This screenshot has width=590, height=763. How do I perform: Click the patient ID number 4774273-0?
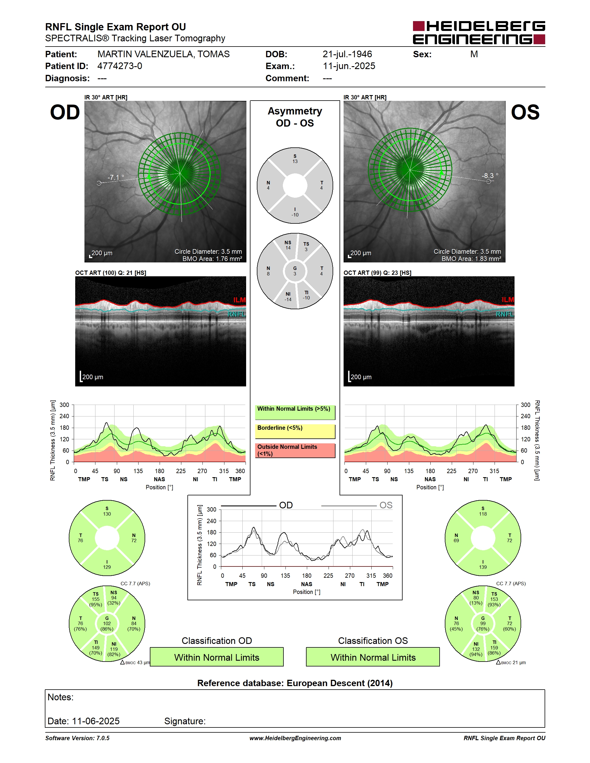[x=119, y=66]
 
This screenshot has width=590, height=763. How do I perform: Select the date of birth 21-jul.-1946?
[x=347, y=54]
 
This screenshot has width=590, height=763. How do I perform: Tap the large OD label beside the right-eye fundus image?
[x=65, y=112]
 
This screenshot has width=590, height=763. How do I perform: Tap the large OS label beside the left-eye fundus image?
[x=525, y=112]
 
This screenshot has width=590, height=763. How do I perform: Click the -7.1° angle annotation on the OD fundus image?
[x=116, y=177]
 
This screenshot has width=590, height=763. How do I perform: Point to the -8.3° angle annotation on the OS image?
[x=490, y=176]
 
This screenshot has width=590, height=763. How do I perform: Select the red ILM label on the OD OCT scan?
[x=239, y=300]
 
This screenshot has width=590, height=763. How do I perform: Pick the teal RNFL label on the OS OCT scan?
[x=505, y=314]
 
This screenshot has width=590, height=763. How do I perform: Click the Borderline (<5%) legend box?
[x=295, y=431]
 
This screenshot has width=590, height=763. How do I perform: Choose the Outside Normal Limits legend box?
[x=295, y=451]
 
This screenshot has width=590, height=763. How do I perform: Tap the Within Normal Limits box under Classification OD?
[x=217, y=657]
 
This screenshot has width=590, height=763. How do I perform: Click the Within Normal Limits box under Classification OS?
[x=373, y=657]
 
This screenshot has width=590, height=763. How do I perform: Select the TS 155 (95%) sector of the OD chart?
[x=95, y=599]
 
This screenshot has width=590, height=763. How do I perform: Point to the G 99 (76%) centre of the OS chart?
[x=483, y=624]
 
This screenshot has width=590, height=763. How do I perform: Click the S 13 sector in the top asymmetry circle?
[x=295, y=159]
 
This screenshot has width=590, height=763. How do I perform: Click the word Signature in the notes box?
[x=185, y=721]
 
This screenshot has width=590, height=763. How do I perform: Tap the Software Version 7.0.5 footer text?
[x=77, y=738]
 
